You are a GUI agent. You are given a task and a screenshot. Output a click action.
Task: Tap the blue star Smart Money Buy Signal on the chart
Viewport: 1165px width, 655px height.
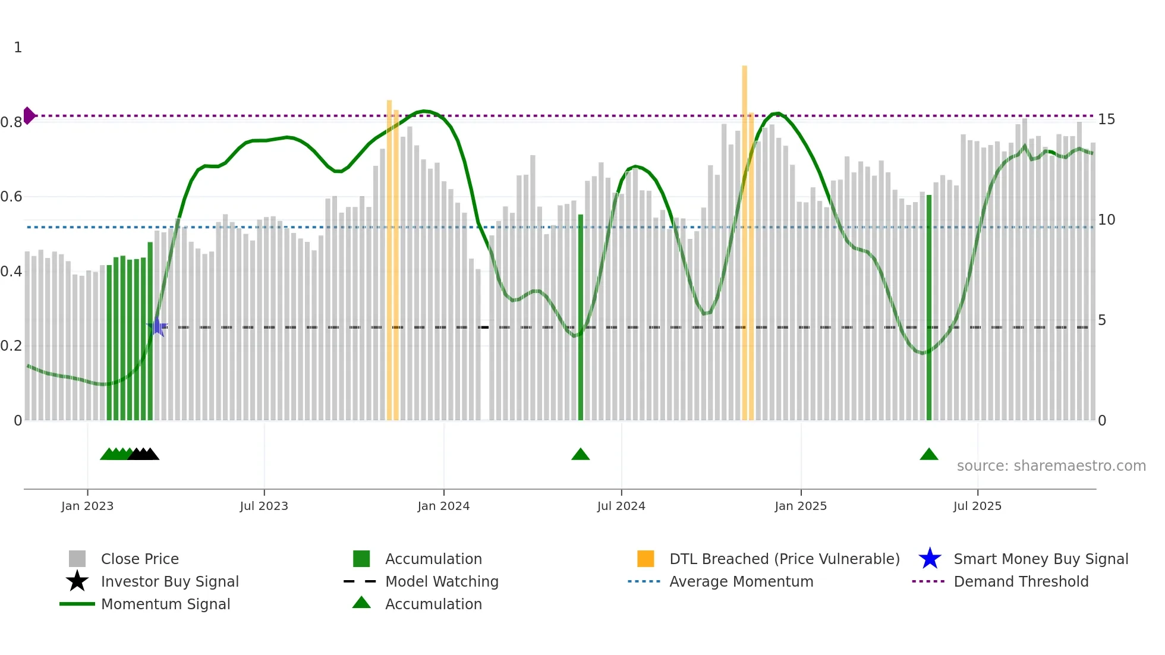click(x=157, y=327)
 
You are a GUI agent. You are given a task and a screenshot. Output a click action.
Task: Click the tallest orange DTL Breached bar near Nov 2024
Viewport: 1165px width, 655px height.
click(x=744, y=238)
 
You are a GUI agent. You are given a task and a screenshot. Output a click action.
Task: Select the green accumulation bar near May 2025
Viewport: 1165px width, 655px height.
click(x=929, y=309)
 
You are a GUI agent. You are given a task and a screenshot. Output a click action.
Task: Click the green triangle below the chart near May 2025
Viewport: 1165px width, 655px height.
click(x=929, y=455)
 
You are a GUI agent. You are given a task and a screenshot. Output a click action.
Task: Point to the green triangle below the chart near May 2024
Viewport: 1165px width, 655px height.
click(x=581, y=455)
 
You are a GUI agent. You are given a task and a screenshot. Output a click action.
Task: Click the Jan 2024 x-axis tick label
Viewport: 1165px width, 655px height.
click(x=443, y=506)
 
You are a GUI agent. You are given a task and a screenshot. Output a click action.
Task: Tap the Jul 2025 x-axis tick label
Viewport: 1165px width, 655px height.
click(x=977, y=506)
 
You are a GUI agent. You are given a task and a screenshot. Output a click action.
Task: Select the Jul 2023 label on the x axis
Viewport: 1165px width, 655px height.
click(x=264, y=506)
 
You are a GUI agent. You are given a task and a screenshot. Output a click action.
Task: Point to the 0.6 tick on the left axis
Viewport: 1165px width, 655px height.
click(x=11, y=197)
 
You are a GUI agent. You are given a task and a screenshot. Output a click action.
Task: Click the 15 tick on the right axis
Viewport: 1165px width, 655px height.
click(x=1106, y=119)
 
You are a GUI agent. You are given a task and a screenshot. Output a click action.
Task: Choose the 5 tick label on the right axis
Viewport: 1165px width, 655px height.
click(x=1102, y=320)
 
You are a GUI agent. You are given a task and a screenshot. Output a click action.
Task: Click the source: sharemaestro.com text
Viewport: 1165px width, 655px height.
click(x=1051, y=466)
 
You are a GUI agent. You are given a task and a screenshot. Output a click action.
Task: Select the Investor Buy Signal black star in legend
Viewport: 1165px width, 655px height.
click(x=77, y=581)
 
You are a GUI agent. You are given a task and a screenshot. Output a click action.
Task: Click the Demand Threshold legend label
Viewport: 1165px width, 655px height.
click(x=1021, y=581)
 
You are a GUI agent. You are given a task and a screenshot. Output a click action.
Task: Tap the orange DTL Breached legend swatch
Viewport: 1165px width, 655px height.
click(x=646, y=559)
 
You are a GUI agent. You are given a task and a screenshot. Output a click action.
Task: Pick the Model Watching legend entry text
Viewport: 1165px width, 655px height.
click(x=442, y=581)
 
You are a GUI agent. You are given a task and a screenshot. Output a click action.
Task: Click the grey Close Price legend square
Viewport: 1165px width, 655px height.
click(x=77, y=559)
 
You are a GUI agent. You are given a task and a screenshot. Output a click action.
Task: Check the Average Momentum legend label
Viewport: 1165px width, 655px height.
click(x=741, y=581)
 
